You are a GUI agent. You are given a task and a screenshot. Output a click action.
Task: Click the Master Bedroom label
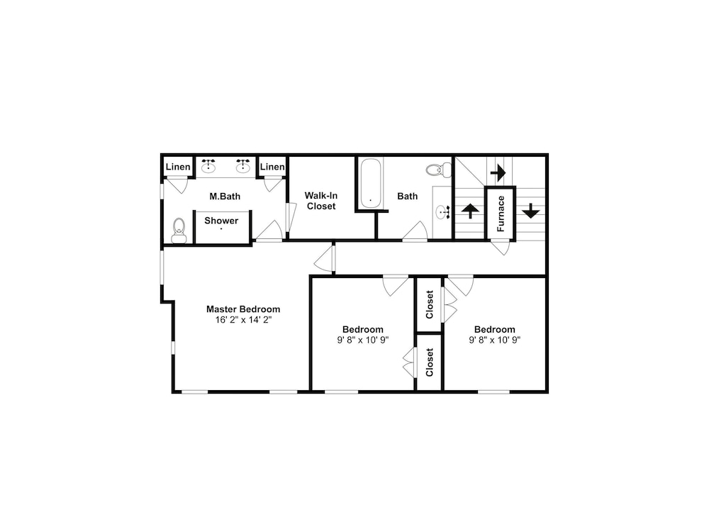click(243, 309)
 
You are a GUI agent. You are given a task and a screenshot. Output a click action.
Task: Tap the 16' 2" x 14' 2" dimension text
click(243, 320)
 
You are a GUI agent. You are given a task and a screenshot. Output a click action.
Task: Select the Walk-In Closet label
click(321, 201)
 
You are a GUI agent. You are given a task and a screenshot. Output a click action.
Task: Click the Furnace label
click(501, 214)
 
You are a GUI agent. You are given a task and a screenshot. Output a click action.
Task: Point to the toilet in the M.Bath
click(179, 231)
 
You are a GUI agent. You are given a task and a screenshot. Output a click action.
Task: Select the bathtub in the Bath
click(371, 183)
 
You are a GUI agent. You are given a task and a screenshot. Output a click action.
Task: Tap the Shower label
click(221, 221)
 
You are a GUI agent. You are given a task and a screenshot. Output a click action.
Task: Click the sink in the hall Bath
click(442, 212)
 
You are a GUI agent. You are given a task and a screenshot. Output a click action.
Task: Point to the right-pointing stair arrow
click(498, 172)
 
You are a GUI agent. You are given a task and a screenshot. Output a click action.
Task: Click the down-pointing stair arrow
click(531, 211)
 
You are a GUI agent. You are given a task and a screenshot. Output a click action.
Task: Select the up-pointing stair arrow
click(470, 211)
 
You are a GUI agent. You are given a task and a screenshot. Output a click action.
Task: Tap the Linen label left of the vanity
click(178, 167)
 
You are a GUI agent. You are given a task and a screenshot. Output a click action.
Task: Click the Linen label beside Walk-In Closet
click(272, 167)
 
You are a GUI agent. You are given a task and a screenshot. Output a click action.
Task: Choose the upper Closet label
click(429, 304)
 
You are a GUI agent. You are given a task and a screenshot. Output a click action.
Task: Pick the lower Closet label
click(429, 362)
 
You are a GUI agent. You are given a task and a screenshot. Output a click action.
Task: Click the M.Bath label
click(225, 196)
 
